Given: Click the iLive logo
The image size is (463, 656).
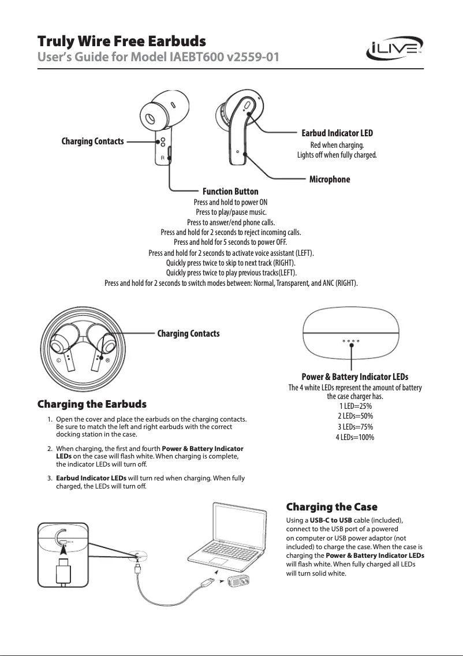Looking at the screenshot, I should point(395,50).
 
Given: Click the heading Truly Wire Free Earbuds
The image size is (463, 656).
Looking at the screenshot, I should point(121,42).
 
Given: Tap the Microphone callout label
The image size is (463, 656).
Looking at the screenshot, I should point(330,180).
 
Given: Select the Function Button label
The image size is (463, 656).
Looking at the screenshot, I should point(230,191).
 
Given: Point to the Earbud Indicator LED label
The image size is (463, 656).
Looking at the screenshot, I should point(337,133).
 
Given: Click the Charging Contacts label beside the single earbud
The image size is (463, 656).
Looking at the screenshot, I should point(92,141).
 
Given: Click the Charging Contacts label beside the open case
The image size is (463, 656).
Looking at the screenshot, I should point(188,334).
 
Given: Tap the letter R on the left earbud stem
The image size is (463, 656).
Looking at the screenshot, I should point(163,157).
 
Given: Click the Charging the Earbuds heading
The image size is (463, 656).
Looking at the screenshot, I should point(92,403).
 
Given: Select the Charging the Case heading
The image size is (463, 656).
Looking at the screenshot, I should point(332,507).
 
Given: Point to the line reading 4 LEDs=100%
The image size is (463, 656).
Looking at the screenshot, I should point(355,437).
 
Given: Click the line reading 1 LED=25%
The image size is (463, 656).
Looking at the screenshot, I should point(355,406).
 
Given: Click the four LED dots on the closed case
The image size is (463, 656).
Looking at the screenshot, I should point(351,341).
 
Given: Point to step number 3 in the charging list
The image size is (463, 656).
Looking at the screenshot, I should point(50,478).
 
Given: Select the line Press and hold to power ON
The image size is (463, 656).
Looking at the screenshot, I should point(230,203).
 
